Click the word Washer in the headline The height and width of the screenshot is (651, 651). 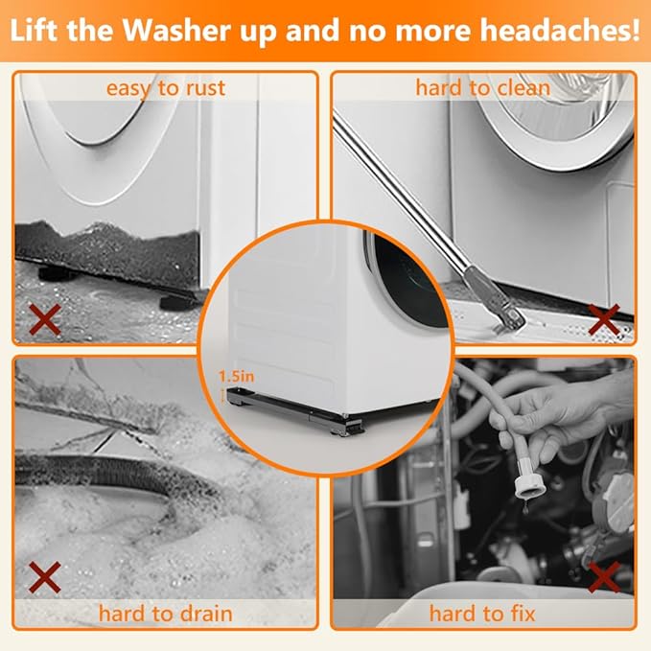(x=177, y=30)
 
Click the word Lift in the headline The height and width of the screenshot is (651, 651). (x=35, y=30)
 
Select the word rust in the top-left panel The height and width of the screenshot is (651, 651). (x=205, y=88)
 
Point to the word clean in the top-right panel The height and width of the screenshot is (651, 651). (x=523, y=88)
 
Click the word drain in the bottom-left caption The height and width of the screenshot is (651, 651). (x=206, y=614)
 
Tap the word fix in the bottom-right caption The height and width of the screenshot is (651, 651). (x=523, y=614)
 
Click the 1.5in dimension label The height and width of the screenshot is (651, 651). (x=236, y=377)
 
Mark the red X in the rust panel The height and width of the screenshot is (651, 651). (x=45, y=319)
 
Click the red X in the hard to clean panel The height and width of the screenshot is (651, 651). (x=604, y=319)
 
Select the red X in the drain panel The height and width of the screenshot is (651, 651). (x=45, y=577)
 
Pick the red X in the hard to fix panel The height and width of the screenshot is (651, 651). (x=604, y=577)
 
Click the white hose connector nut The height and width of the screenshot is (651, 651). (x=530, y=486)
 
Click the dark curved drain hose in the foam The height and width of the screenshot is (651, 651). (x=112, y=474)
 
